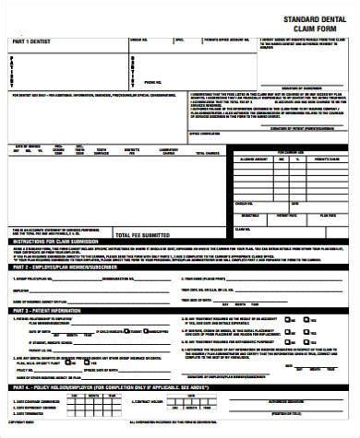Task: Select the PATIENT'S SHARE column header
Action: (x=328, y=159)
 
